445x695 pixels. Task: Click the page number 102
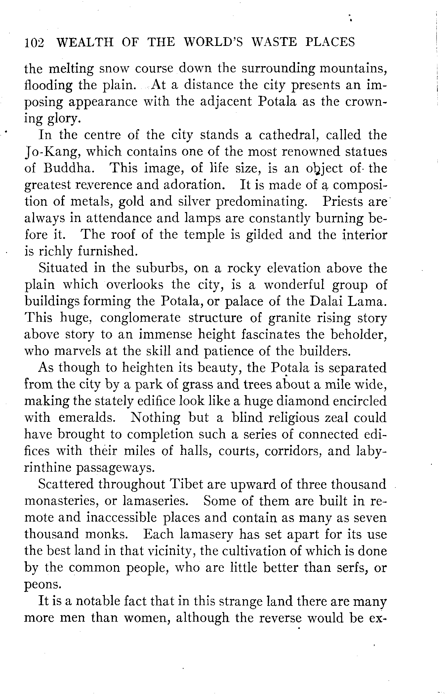[34, 43]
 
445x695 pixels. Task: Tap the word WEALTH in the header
[85, 42]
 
